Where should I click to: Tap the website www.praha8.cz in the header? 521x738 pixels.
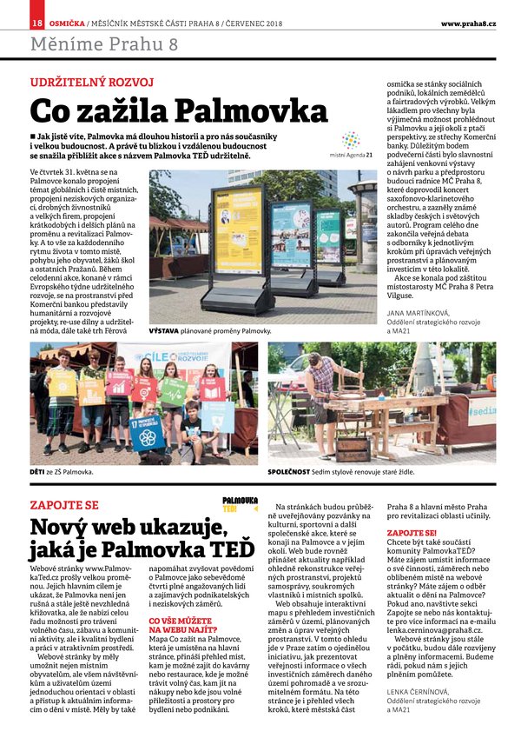point(468,22)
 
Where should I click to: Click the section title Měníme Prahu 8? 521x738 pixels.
point(104,44)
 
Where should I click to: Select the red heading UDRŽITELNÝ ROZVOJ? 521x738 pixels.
point(92,83)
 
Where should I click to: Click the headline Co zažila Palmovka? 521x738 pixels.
point(179,111)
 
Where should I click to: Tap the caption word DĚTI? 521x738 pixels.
point(40,471)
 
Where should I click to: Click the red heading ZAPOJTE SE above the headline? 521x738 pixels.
point(65,505)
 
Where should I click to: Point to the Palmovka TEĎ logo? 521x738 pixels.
point(241,505)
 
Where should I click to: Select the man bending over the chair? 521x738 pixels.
point(322,387)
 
